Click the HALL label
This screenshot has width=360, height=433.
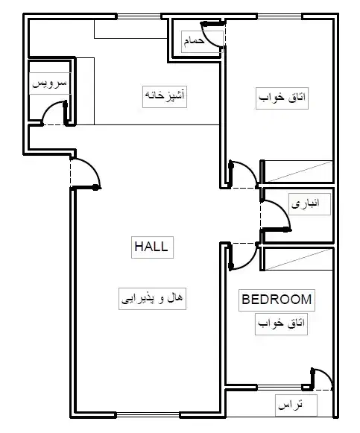click(x=152, y=247)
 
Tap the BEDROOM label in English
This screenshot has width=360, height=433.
click(x=277, y=300)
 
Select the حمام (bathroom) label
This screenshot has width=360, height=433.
click(x=195, y=41)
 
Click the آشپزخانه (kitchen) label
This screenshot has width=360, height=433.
click(x=165, y=96)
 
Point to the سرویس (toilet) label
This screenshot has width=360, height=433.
click(x=50, y=83)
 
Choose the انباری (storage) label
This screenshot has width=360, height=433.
click(x=306, y=204)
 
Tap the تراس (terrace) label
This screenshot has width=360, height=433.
click(x=291, y=405)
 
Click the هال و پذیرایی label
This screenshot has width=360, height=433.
click(x=152, y=299)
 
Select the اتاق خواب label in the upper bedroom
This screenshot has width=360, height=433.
click(x=282, y=98)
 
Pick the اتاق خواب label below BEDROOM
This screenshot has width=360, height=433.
click(x=281, y=324)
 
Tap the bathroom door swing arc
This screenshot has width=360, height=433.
click(x=209, y=39)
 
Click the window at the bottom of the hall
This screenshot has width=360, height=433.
click(x=148, y=414)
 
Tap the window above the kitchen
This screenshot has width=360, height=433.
click(x=139, y=16)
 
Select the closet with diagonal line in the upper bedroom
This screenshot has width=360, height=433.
click(x=298, y=171)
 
